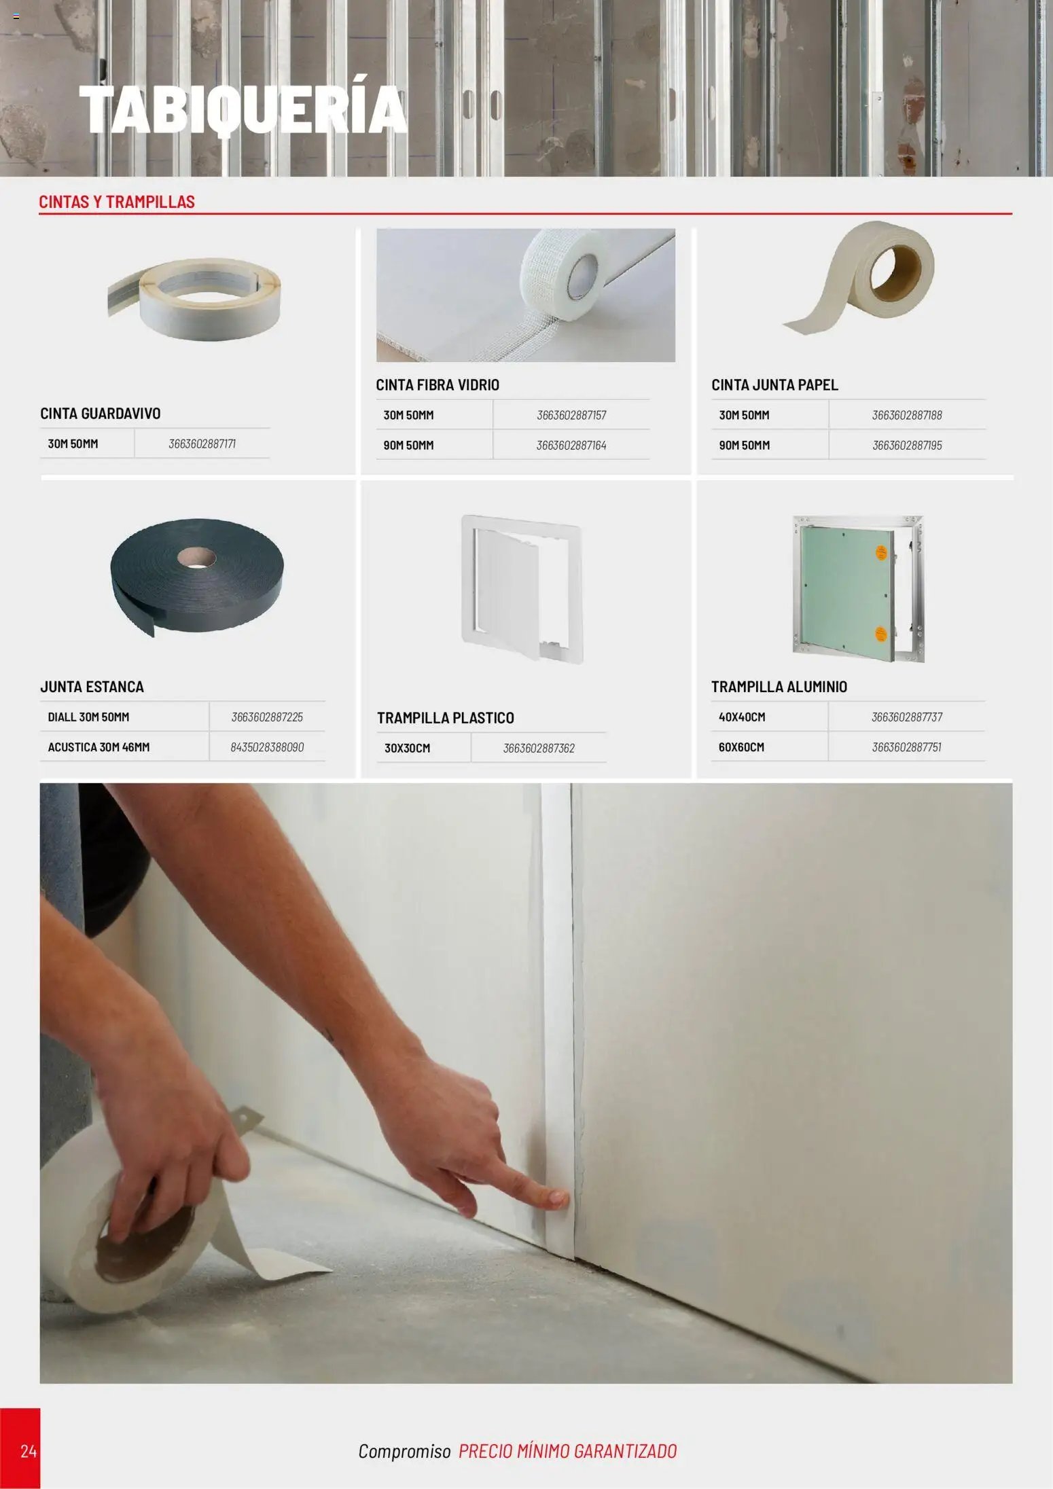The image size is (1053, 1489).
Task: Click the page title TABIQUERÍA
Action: (x=243, y=109)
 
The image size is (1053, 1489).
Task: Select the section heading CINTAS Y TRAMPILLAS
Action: (x=117, y=202)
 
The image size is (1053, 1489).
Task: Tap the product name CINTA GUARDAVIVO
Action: (x=101, y=414)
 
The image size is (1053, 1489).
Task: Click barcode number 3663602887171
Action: (x=202, y=444)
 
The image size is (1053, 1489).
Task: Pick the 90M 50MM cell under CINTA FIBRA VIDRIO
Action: (x=408, y=446)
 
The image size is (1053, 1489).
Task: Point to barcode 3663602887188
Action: (x=907, y=415)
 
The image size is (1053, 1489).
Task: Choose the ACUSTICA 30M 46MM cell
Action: (x=99, y=747)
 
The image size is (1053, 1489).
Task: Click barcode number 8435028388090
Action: (x=267, y=747)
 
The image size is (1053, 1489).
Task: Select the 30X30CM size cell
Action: (x=407, y=749)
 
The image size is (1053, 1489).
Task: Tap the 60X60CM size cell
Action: (x=741, y=747)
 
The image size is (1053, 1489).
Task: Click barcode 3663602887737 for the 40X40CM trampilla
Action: (x=907, y=717)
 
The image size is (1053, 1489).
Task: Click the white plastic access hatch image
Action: (x=522, y=588)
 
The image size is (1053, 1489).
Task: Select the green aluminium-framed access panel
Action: (x=858, y=588)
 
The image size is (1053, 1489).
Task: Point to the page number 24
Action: (x=29, y=1452)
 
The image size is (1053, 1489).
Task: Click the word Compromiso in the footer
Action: (x=404, y=1452)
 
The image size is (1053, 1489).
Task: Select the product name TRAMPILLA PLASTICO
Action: (x=446, y=718)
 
